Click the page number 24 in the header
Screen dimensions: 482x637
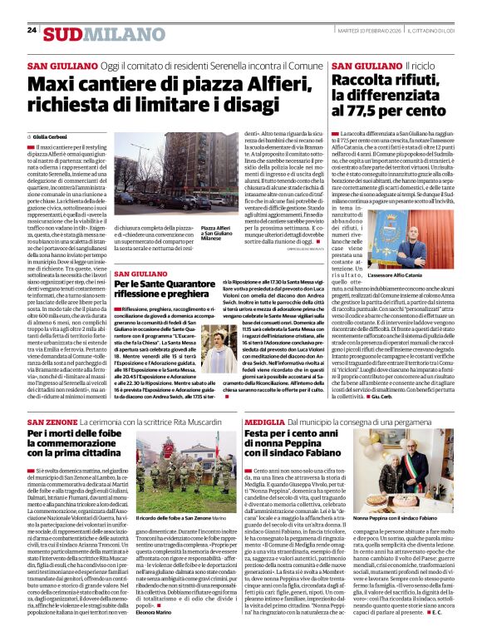click(32, 30)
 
